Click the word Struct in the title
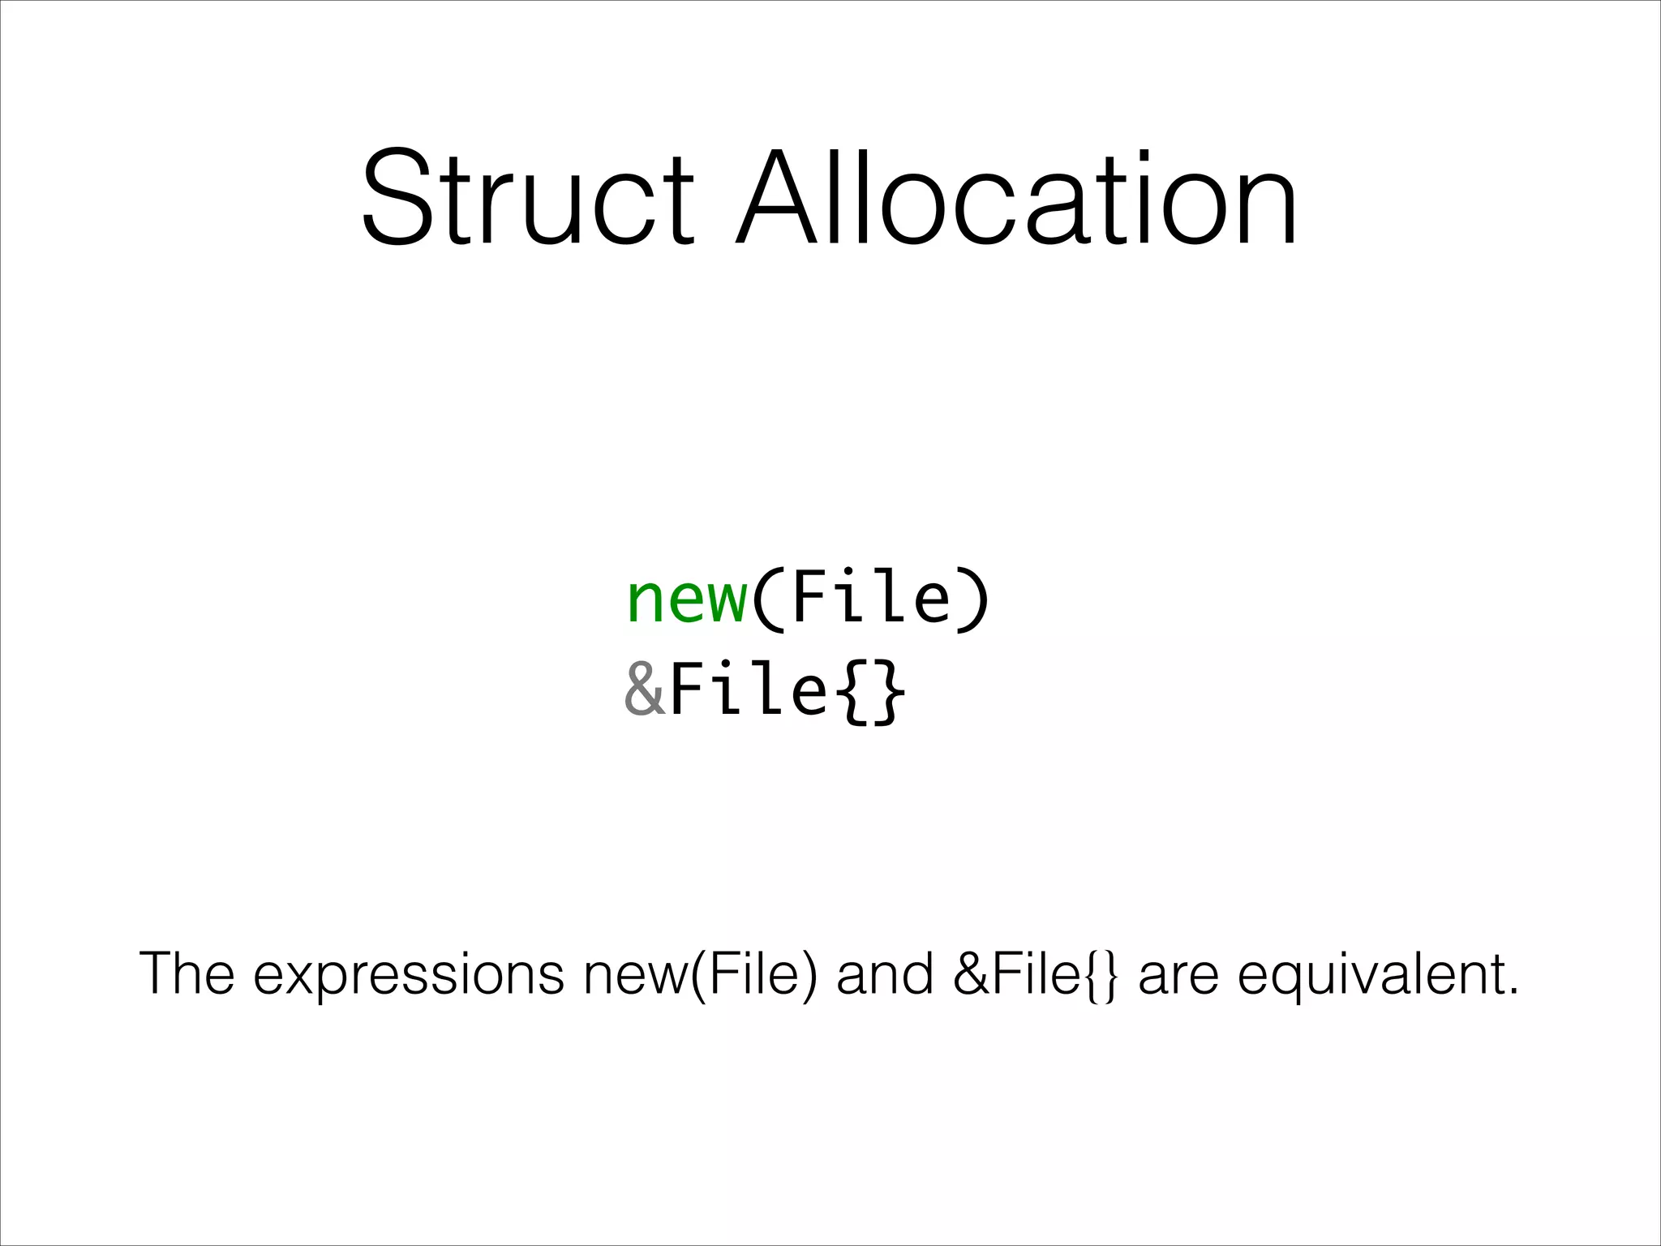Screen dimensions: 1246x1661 point(527,197)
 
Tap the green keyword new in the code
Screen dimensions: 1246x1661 point(687,599)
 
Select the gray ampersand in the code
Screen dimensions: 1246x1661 point(645,690)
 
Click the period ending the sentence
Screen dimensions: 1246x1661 point(1511,992)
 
